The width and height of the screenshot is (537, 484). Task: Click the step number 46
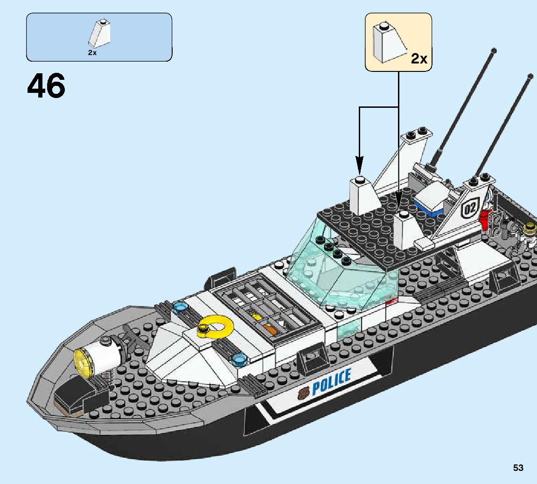point(46,87)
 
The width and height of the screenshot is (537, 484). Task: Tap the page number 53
point(518,468)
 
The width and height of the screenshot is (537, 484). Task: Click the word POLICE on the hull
point(331,382)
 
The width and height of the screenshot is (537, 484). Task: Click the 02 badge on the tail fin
point(470,209)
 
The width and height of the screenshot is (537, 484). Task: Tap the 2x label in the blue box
point(92,53)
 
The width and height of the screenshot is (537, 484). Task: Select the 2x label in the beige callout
point(418,59)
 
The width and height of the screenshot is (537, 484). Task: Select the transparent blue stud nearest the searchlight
point(179,307)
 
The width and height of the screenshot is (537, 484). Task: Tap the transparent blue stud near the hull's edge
point(240,358)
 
